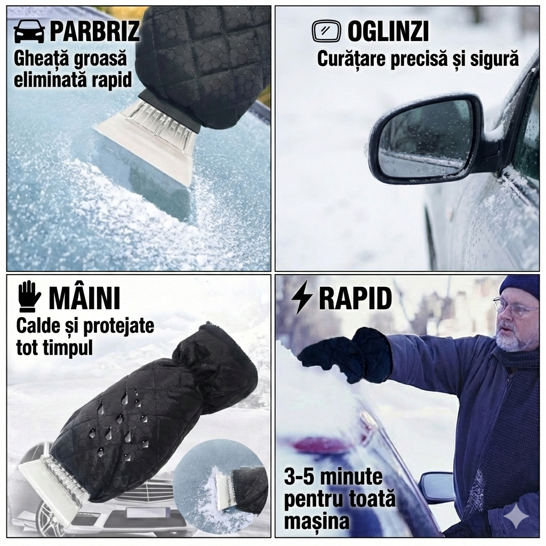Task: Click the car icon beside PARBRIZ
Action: point(29,31)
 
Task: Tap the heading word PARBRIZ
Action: point(94,31)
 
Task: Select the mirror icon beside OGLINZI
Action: point(325,31)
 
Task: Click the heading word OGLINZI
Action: point(388,32)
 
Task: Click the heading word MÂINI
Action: point(84,298)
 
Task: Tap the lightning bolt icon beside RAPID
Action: point(302,298)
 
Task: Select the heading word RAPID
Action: point(355,299)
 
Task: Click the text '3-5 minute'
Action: point(333,477)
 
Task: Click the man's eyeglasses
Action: point(513,307)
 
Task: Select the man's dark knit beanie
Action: point(519,286)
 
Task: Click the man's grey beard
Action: point(515,339)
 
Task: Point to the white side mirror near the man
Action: point(437,487)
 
